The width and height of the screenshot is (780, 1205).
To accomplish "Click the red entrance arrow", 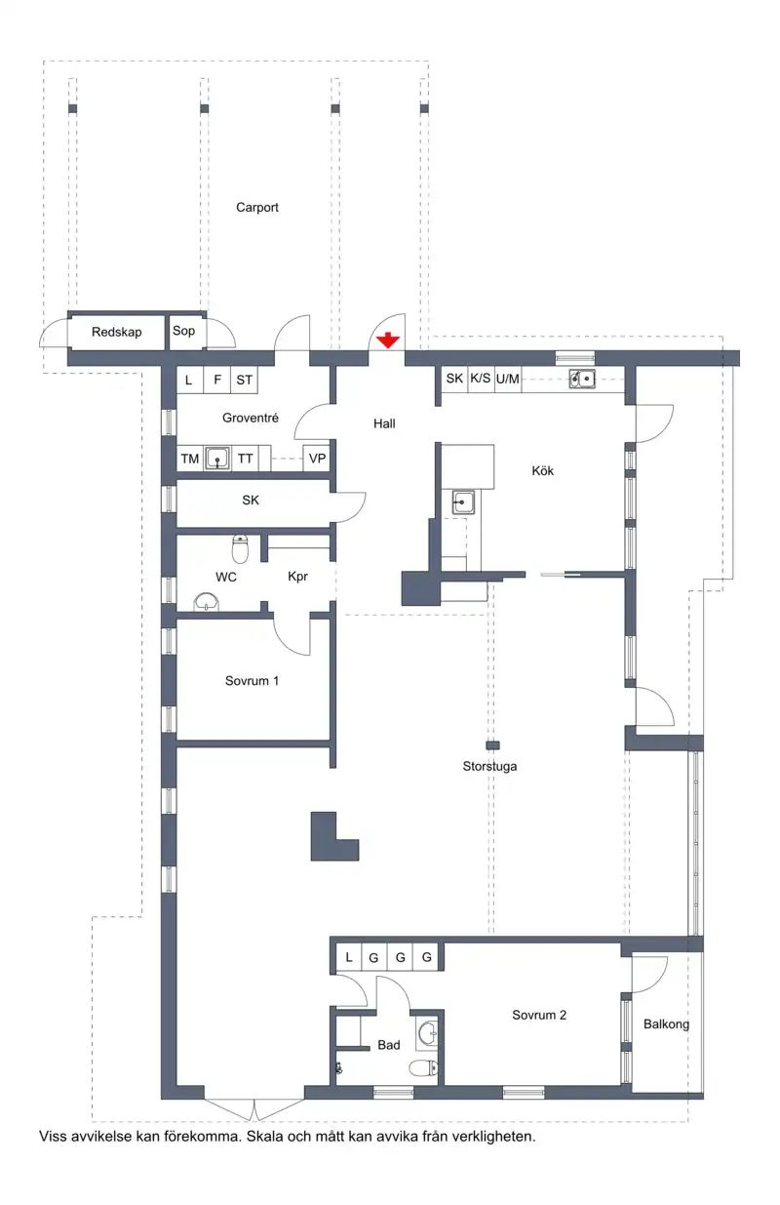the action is [387, 341].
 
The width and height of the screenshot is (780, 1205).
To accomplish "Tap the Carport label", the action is [257, 208].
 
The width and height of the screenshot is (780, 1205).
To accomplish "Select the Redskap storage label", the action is [117, 332].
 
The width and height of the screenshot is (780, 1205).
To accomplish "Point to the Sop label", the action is [183, 331].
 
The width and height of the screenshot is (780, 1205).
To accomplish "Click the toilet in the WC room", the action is [240, 548].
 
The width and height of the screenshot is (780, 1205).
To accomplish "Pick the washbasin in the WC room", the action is [207, 602].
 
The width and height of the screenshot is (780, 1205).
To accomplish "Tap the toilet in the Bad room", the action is [423, 1067].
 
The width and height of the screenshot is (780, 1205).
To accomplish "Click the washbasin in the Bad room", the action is [427, 1032].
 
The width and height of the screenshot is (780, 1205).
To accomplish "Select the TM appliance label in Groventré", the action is [190, 459].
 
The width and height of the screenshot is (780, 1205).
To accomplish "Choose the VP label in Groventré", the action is [317, 459].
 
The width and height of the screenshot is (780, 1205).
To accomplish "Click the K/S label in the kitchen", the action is [480, 379].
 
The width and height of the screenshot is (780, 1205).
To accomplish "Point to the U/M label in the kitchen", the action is [507, 379].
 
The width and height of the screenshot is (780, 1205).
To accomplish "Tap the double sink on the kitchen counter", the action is [582, 379].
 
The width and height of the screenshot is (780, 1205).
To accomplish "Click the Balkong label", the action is [666, 1024].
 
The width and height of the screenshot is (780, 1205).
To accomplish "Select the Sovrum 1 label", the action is [252, 681].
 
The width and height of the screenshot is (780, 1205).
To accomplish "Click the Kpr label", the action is [297, 577].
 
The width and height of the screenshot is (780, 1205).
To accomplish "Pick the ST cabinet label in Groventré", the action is [244, 380].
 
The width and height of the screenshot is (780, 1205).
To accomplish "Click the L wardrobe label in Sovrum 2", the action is [349, 957].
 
